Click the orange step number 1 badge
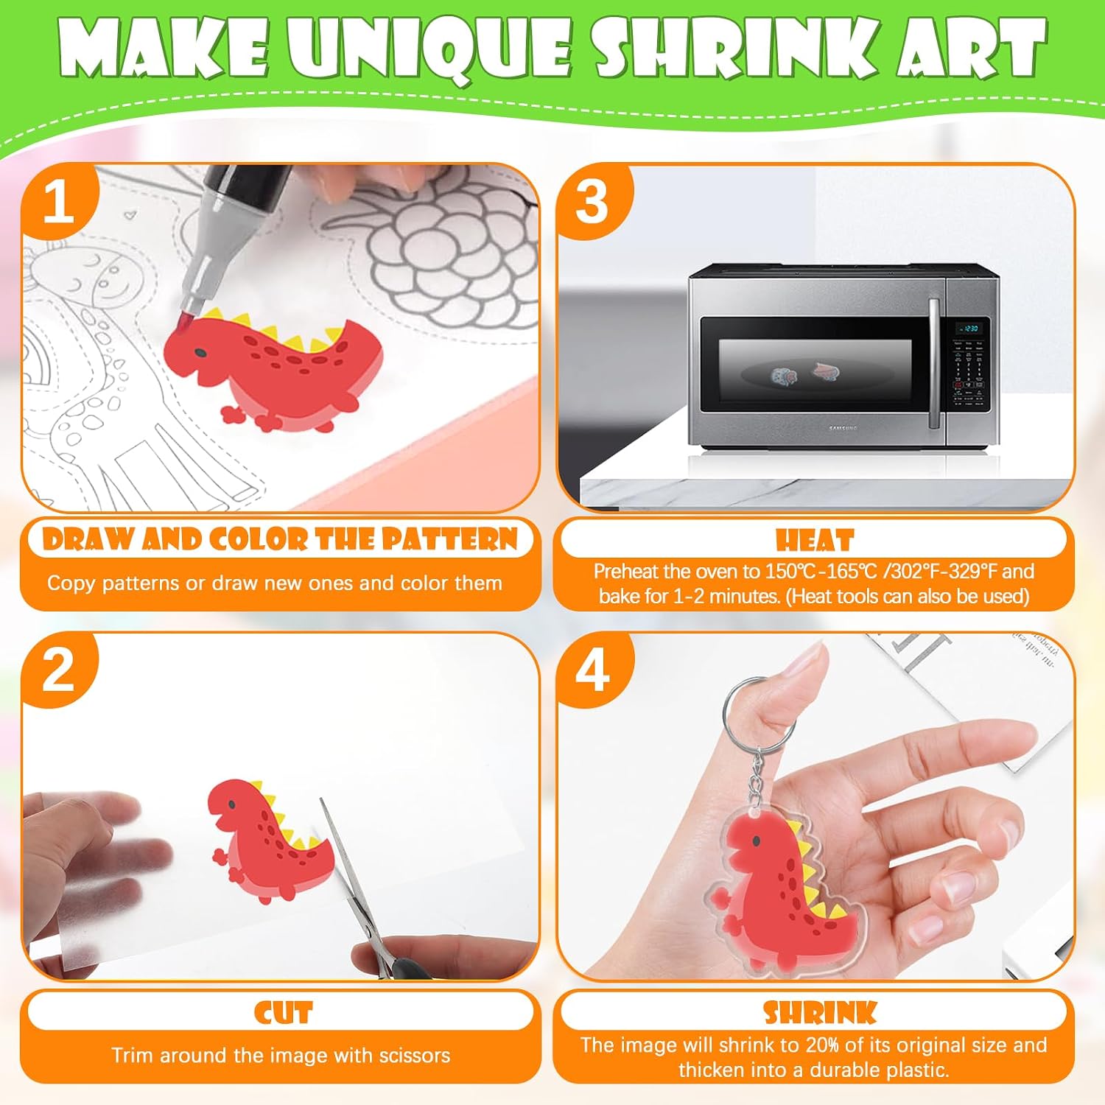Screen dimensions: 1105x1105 pos(59,200)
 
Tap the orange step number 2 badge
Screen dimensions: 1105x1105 pos(59,670)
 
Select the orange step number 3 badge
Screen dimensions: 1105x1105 pos(594,200)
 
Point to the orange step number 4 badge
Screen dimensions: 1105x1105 pos(594,670)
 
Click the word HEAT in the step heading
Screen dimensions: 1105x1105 pos(815,541)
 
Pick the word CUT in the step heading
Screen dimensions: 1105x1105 pos(284,1013)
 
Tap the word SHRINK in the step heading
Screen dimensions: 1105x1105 pos(820,1013)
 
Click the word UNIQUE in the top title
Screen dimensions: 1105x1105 pos(429,50)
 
